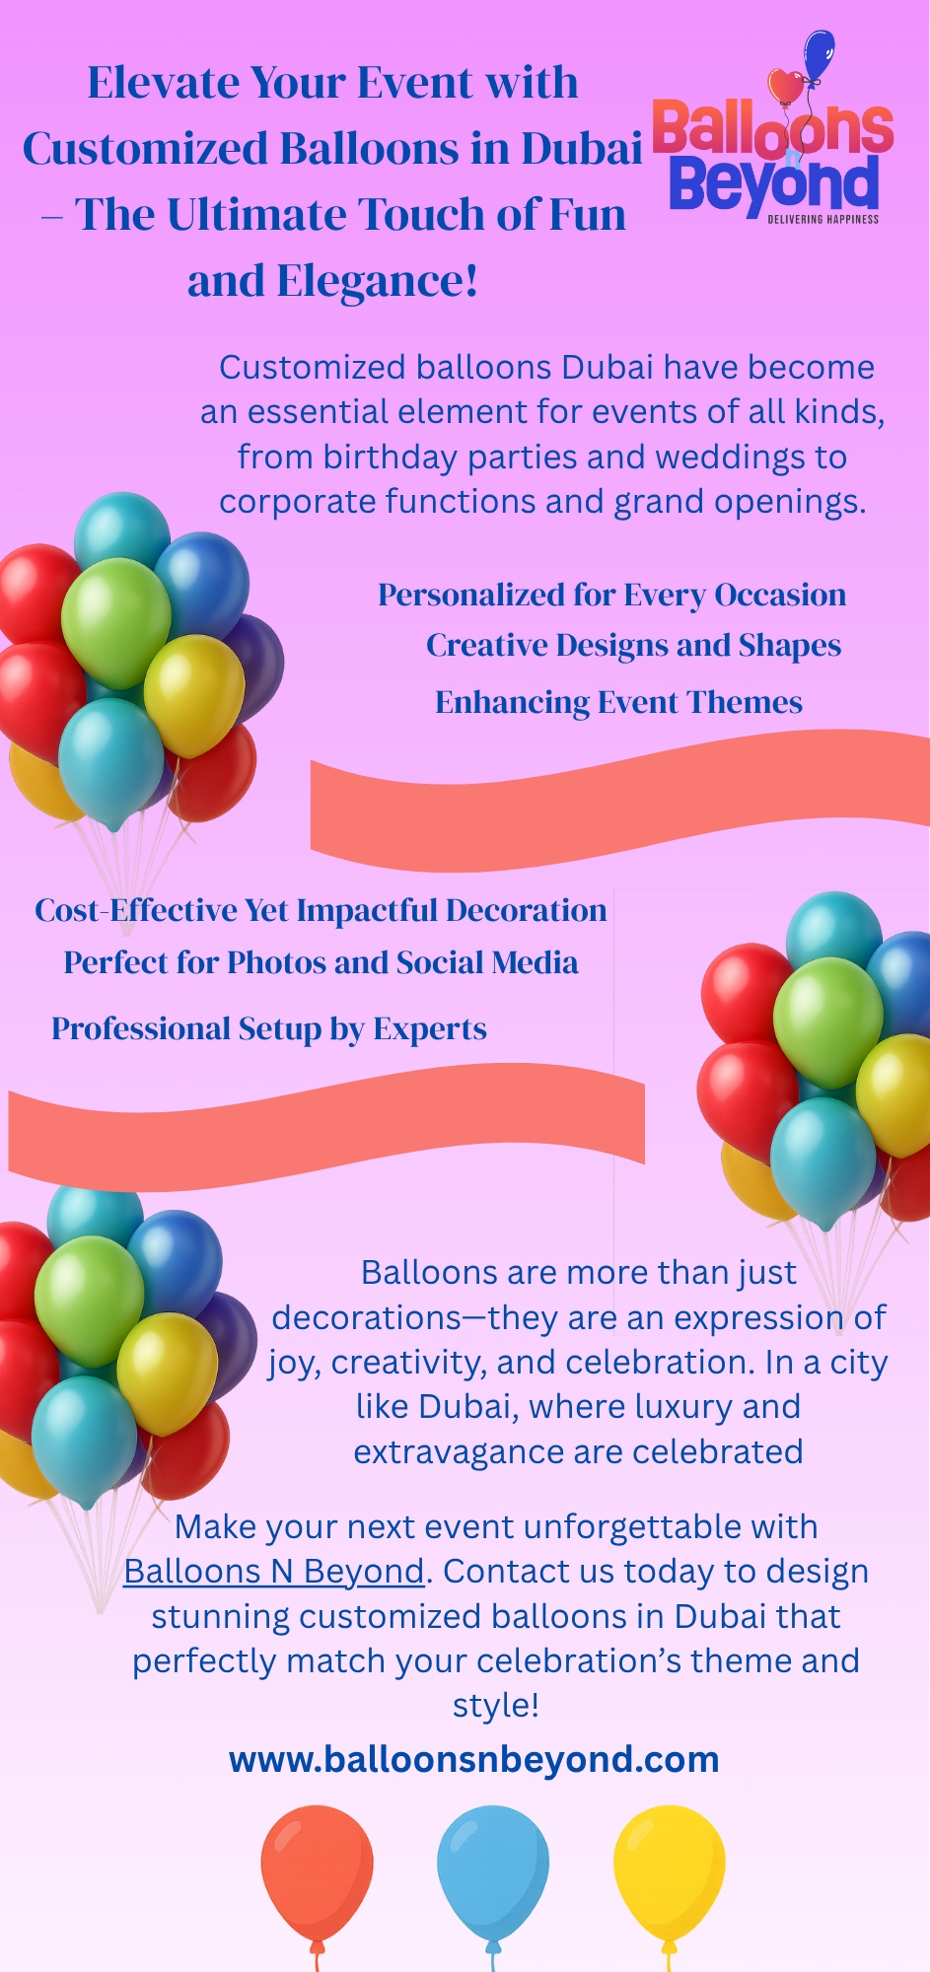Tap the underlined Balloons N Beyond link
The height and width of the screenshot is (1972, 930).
[x=273, y=1571]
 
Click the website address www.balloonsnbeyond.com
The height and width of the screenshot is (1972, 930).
[x=474, y=1759]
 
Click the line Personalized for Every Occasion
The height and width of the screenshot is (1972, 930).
[x=612, y=596]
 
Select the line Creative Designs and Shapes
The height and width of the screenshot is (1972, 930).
[x=633, y=646]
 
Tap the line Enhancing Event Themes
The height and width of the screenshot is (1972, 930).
[x=618, y=702]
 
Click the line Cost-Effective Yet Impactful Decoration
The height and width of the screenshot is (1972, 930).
[x=321, y=910]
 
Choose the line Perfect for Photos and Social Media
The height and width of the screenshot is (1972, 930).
[x=321, y=962]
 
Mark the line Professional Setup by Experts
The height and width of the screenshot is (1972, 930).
[x=269, y=1029]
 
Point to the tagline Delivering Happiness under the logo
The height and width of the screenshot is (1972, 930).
[x=823, y=219]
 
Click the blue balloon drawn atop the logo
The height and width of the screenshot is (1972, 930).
[x=819, y=53]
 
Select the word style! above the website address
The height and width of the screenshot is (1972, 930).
[x=496, y=1706]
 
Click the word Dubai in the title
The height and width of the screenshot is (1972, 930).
[x=582, y=149]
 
